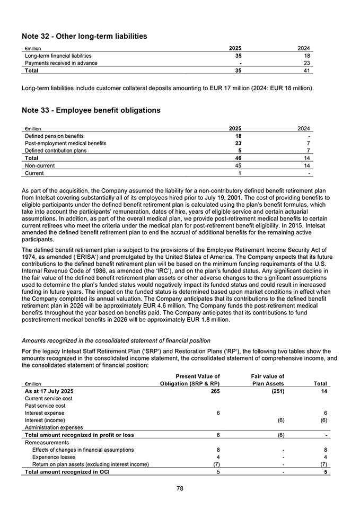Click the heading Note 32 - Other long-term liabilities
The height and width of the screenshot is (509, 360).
84,37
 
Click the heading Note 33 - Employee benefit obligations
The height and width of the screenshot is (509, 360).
91,110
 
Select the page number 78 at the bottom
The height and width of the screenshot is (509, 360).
180,489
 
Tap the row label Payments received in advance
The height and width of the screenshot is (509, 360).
61,63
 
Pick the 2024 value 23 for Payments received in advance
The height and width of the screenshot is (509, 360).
307,63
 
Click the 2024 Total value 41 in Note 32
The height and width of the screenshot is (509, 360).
307,71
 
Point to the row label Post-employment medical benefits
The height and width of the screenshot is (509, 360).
66,143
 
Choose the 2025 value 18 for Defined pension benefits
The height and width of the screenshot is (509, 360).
238,136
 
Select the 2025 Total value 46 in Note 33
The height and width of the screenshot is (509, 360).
238,158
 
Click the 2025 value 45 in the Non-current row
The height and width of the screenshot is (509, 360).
238,165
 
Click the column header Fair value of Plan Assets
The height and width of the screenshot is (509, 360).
267,380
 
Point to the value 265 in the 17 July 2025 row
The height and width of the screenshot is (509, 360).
215,391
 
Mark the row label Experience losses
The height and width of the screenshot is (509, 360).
55,457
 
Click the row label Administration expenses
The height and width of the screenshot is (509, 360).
54,427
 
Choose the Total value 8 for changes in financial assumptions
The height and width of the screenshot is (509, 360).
325,450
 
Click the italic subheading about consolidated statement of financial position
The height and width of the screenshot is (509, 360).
116,340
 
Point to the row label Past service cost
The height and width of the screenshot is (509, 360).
46,406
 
